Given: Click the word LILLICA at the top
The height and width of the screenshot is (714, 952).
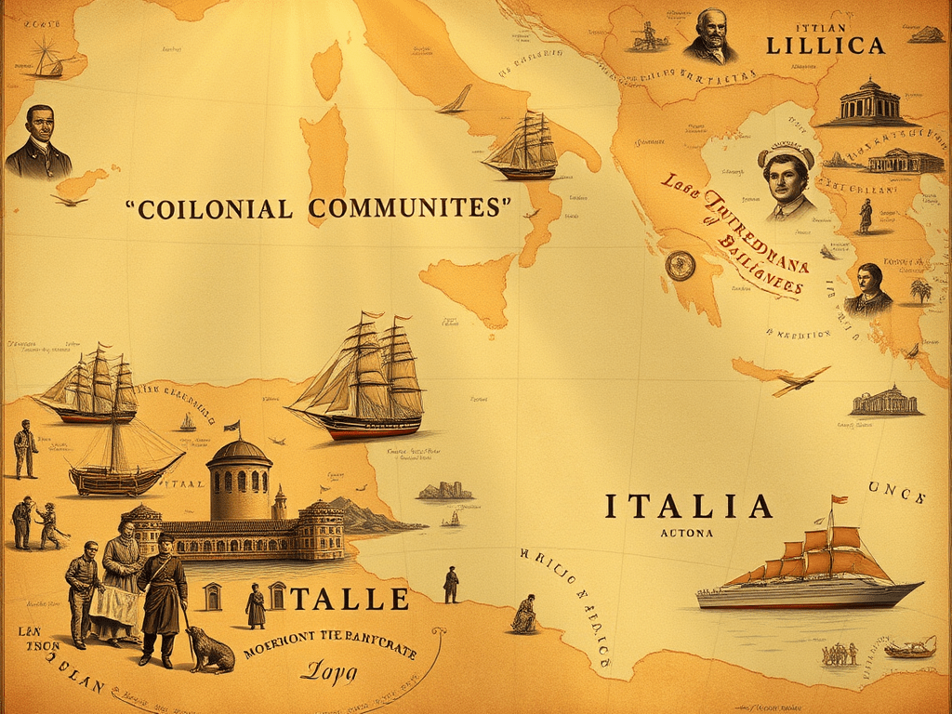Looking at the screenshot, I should (x=825, y=45).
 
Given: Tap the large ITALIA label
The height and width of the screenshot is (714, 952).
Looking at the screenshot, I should (x=689, y=507).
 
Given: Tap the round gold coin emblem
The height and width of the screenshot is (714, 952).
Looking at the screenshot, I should (x=680, y=265).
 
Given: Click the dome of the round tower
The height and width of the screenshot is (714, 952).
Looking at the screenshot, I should (x=239, y=452).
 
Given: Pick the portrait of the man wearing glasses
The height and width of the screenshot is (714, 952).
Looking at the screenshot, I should (x=710, y=35).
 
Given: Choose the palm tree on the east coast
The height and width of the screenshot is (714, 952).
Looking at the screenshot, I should (x=920, y=289).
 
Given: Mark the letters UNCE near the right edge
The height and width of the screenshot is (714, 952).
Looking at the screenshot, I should (x=896, y=492).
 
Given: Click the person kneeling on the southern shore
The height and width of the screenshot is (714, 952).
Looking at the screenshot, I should (x=525, y=615).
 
